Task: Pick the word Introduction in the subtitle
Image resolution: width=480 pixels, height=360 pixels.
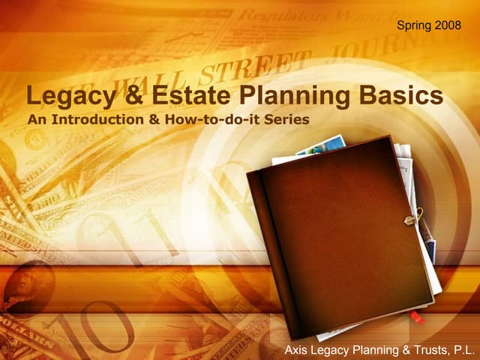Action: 102,120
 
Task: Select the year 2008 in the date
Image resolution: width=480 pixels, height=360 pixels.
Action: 438,26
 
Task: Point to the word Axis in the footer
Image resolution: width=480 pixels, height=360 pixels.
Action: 298,350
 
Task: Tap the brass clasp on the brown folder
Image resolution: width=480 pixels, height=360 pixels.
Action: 411,220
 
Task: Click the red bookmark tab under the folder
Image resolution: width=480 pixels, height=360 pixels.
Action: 417,318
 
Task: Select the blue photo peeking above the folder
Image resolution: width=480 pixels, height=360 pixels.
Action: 322,146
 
